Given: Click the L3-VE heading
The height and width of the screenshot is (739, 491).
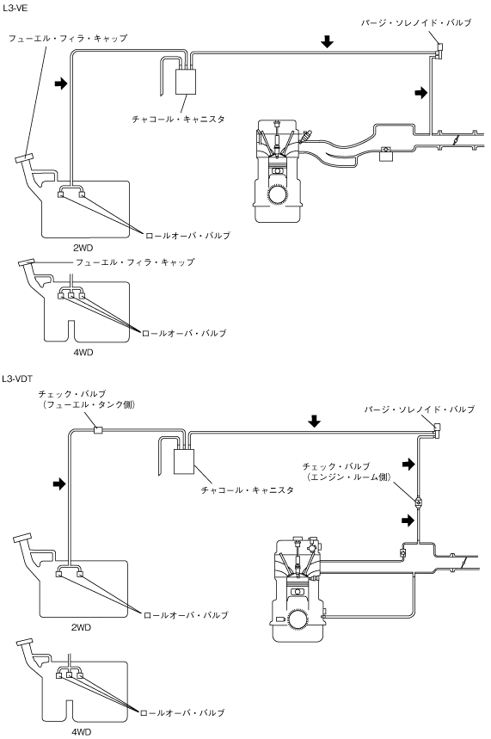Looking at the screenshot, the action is pyautogui.click(x=15, y=8).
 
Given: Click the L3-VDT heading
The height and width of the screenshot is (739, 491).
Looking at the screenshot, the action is pyautogui.click(x=17, y=379).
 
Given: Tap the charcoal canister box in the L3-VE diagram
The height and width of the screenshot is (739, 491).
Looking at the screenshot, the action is pyautogui.click(x=186, y=82).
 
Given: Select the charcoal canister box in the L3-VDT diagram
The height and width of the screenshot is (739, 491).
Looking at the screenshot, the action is pyautogui.click(x=184, y=461).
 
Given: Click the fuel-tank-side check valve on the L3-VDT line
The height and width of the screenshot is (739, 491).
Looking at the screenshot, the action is pyautogui.click(x=97, y=430).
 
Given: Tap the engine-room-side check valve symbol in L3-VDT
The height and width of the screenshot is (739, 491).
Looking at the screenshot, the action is pyautogui.click(x=418, y=502).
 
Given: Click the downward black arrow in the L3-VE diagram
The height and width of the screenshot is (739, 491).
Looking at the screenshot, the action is pyautogui.click(x=327, y=41).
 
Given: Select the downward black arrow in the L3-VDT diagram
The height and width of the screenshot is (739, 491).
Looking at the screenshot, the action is pyautogui.click(x=314, y=421).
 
